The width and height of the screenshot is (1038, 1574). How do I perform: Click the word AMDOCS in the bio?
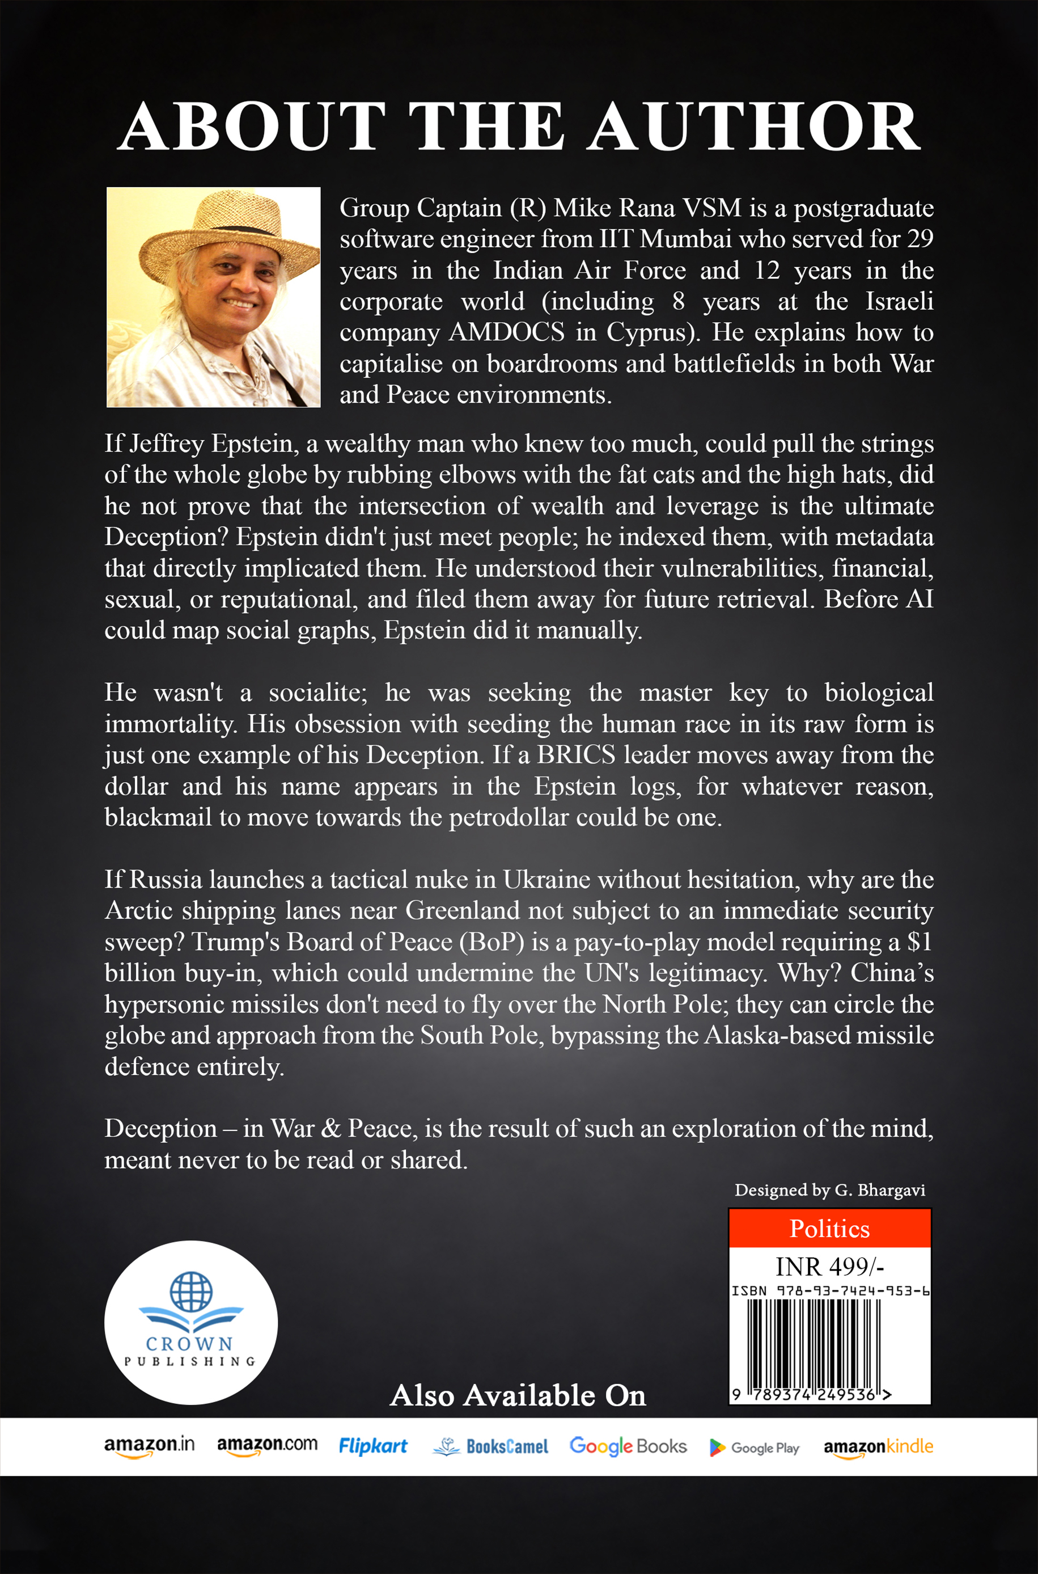(506, 332)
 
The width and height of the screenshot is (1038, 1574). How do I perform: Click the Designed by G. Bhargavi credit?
(829, 1190)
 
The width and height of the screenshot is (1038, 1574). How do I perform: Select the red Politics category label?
(829, 1229)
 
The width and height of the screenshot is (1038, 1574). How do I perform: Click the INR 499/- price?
(829, 1267)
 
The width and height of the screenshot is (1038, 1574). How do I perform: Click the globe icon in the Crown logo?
(191, 1292)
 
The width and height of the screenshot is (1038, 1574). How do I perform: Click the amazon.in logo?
(150, 1446)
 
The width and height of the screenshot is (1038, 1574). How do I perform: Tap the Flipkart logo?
(372, 1446)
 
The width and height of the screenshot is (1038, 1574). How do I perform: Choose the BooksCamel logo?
(490, 1446)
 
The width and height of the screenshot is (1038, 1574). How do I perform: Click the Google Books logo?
(628, 1446)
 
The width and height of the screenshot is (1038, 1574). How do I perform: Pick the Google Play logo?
(754, 1448)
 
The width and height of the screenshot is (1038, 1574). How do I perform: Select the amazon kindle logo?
(878, 1446)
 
